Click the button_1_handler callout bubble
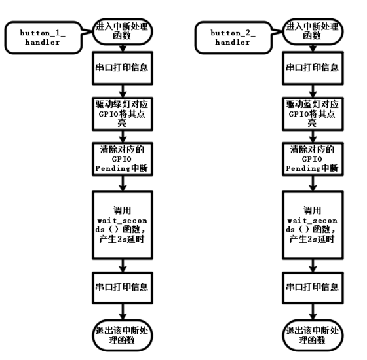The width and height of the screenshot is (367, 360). coord(43,38)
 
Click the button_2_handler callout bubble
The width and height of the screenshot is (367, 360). coord(233,38)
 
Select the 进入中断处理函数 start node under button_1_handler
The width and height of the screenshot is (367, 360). coord(123,31)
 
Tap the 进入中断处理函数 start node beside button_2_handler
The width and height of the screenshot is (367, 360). coord(313,31)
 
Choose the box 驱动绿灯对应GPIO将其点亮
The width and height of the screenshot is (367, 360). coord(123,114)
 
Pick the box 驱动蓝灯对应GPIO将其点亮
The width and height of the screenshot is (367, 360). coord(313,114)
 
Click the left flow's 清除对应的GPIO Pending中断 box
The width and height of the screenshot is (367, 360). coord(123,159)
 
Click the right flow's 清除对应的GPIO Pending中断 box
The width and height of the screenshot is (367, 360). coord(313,159)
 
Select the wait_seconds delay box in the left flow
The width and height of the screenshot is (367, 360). coord(123,225)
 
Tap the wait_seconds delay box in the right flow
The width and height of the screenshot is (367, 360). coord(313,225)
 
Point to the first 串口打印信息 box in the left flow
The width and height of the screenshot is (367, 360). coord(123,68)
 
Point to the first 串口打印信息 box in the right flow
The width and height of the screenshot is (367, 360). coord(313,68)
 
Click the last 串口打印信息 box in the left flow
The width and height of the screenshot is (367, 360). coord(123,288)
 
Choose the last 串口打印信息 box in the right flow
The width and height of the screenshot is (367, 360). coord(313,288)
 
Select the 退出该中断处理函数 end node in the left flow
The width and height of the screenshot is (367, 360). coord(123,335)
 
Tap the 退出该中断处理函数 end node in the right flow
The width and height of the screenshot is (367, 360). coord(313,335)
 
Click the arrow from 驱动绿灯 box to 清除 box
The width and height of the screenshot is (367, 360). coord(123,137)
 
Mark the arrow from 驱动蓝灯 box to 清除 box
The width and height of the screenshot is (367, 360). coord(313,137)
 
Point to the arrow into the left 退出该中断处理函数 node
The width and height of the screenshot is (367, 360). coord(123,312)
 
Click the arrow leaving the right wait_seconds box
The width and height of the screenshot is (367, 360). coord(313,266)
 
